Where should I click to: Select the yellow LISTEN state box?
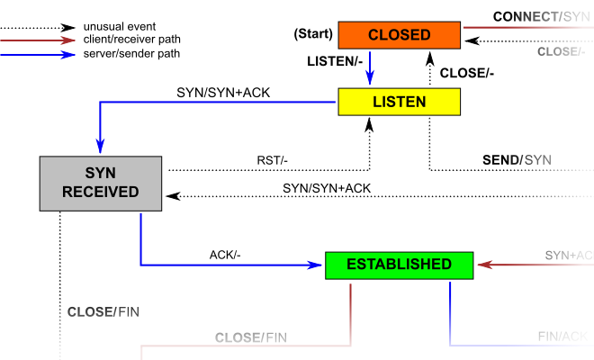[x=399, y=102]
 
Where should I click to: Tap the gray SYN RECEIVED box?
[x=100, y=182]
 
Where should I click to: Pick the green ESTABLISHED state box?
[x=399, y=265]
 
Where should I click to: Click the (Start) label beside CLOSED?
[x=312, y=35]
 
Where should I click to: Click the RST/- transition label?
[x=272, y=161]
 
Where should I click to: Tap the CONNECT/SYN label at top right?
[x=542, y=17]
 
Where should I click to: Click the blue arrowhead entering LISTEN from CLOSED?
[x=371, y=80]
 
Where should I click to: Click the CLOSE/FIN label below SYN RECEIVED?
[x=103, y=312]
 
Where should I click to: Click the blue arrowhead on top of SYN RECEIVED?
[x=100, y=148]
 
